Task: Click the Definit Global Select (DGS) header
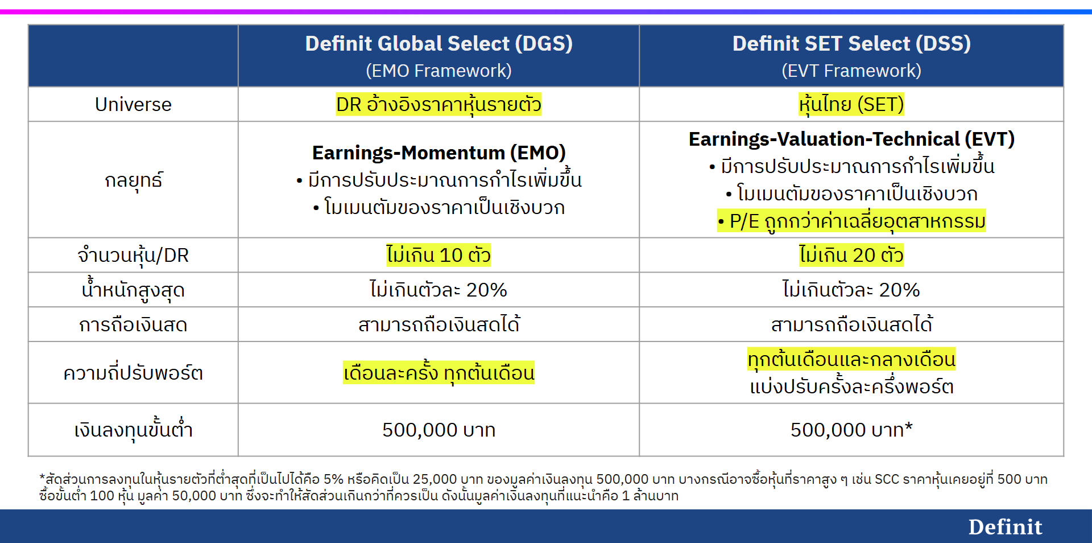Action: [x=439, y=44]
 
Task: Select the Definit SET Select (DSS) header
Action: [x=851, y=44]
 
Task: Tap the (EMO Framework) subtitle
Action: [x=439, y=71]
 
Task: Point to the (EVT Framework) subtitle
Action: [x=851, y=71]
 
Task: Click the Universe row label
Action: [x=133, y=105]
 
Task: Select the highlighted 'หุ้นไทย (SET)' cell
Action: [x=851, y=105]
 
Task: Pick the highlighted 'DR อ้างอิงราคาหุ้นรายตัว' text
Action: [x=439, y=105]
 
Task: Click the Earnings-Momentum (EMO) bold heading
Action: [x=439, y=153]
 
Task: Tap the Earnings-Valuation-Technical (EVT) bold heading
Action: [x=851, y=139]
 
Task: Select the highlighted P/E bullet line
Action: [x=851, y=221]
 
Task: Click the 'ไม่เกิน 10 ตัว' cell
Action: [x=439, y=255]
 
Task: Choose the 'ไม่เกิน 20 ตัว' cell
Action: [x=851, y=255]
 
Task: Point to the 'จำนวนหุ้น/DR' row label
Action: [x=133, y=256]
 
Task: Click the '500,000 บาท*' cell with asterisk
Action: [x=851, y=430]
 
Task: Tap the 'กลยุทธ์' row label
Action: [x=133, y=180]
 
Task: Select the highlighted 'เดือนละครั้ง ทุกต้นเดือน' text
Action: [x=439, y=373]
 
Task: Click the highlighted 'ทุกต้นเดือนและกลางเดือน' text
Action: [x=851, y=359]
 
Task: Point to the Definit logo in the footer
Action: [x=1005, y=527]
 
